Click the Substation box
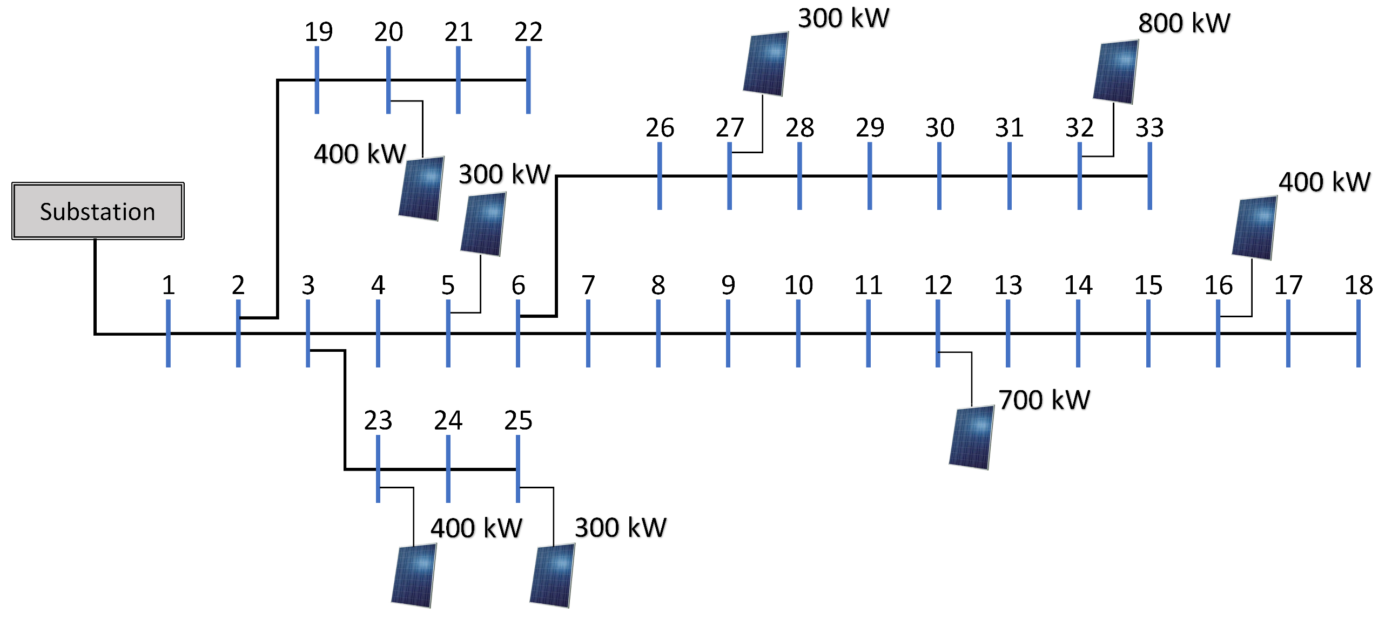coord(98,211)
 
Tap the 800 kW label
coord(1184,23)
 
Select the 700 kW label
coord(1044,400)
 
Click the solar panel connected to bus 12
coord(971,438)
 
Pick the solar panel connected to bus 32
coord(1115,72)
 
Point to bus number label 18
coord(1358,285)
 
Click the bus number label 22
coord(528,32)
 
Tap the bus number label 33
coord(1149,128)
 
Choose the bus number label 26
coord(660,128)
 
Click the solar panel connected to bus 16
coord(1254,228)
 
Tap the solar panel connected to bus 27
coord(765,64)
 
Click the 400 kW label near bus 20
coord(360,154)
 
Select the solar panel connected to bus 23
coord(414,575)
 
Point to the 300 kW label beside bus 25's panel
coord(620,527)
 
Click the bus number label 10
coord(798,285)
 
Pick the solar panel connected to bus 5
coord(483,224)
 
